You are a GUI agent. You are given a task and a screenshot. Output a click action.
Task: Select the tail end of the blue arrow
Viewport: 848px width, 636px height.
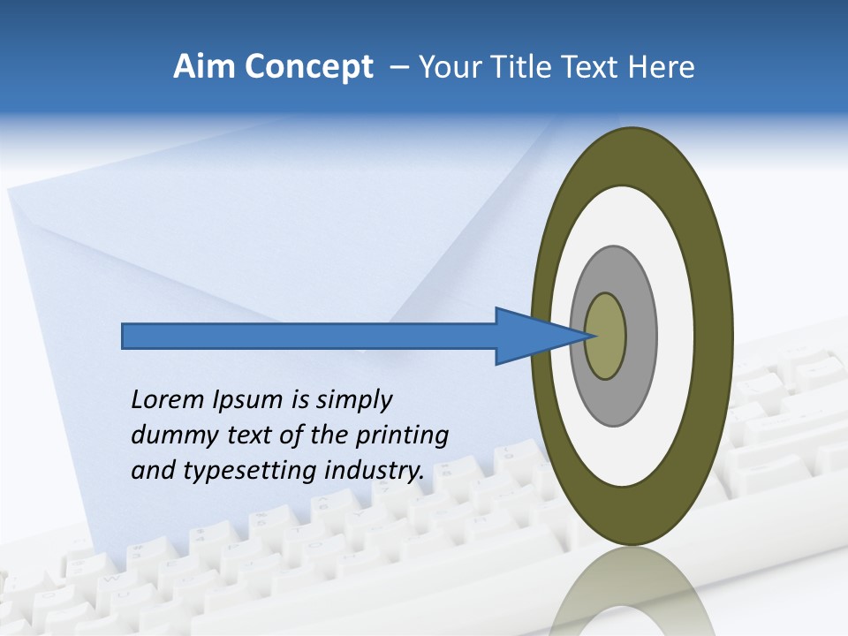125,336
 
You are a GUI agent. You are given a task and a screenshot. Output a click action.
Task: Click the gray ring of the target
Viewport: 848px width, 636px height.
640,336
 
